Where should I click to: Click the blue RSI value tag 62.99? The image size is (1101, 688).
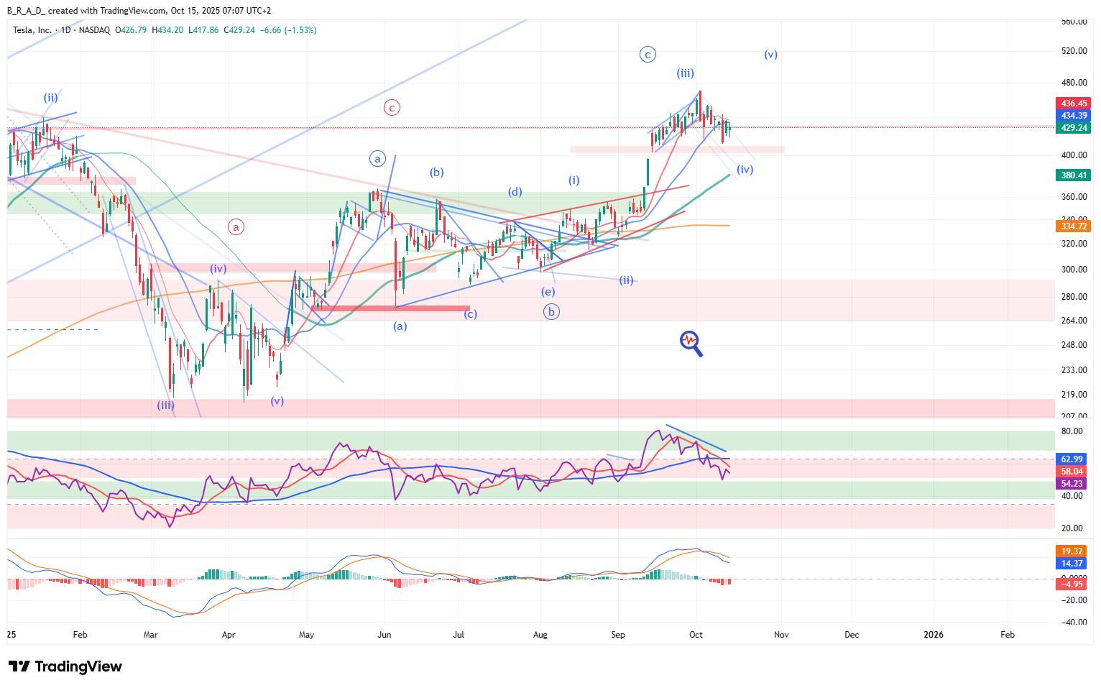(1072, 459)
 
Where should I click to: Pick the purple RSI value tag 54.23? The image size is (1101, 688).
(1072, 484)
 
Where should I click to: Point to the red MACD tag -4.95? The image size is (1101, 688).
(1072, 584)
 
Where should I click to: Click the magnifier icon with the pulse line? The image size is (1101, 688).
(691, 343)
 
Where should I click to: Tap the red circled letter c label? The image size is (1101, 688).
(392, 108)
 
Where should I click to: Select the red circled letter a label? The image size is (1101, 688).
(236, 226)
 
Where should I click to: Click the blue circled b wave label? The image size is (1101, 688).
(551, 312)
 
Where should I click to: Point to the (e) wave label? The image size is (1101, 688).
(548, 292)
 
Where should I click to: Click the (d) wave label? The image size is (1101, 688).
(515, 192)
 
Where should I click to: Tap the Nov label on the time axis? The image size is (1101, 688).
(781, 635)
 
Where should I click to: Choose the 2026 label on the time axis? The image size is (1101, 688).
(933, 635)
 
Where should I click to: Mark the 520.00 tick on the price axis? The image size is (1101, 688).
(1074, 51)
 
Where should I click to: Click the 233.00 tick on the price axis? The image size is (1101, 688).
(1074, 370)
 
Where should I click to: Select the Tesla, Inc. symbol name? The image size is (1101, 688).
(33, 30)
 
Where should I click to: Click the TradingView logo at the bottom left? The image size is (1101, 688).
(65, 666)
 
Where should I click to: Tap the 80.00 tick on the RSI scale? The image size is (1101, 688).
(1072, 431)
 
